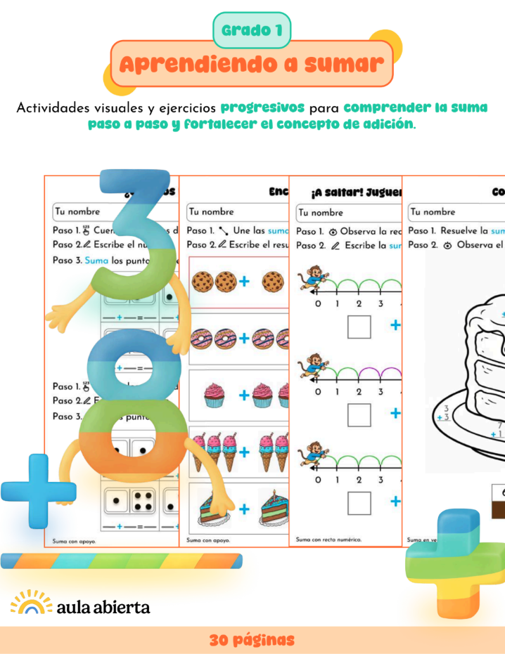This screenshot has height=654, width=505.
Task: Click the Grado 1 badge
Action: [x=252, y=30]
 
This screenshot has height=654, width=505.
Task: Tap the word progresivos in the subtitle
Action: [x=262, y=108]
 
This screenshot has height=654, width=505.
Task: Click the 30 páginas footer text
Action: [x=252, y=640]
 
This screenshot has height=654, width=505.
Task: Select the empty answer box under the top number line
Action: [x=359, y=327]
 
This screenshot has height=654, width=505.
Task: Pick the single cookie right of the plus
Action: [x=273, y=282]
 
